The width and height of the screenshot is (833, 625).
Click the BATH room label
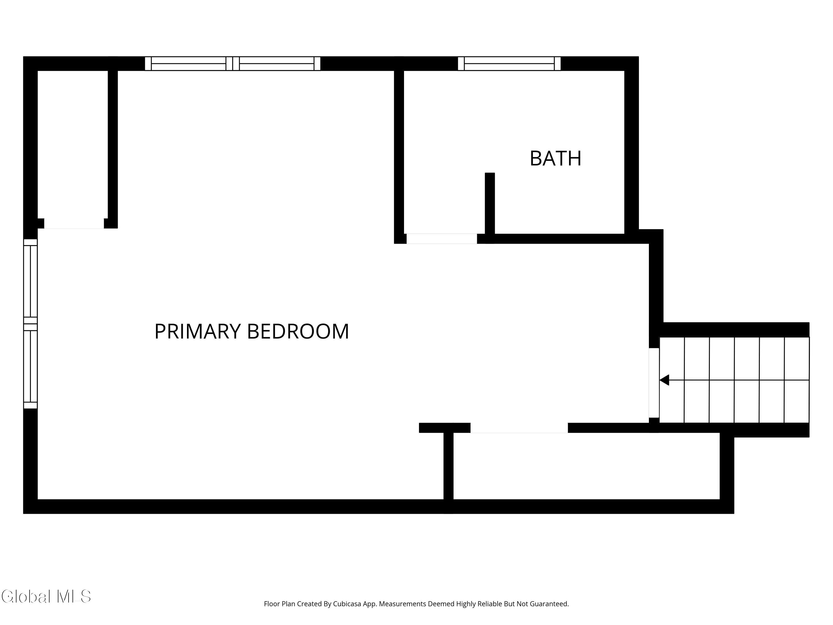pos(555,158)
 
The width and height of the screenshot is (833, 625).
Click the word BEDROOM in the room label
pos(297,331)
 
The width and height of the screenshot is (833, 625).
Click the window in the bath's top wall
pos(509,64)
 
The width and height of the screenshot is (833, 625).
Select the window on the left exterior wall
pos(31,324)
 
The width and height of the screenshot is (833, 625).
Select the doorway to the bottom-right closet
pos(519,428)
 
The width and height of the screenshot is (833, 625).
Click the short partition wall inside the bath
pos(490,203)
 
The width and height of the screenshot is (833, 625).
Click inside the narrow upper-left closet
pos(73,143)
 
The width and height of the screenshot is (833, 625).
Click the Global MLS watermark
pos(46,596)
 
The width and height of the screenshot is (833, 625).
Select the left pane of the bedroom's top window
pos(189,64)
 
